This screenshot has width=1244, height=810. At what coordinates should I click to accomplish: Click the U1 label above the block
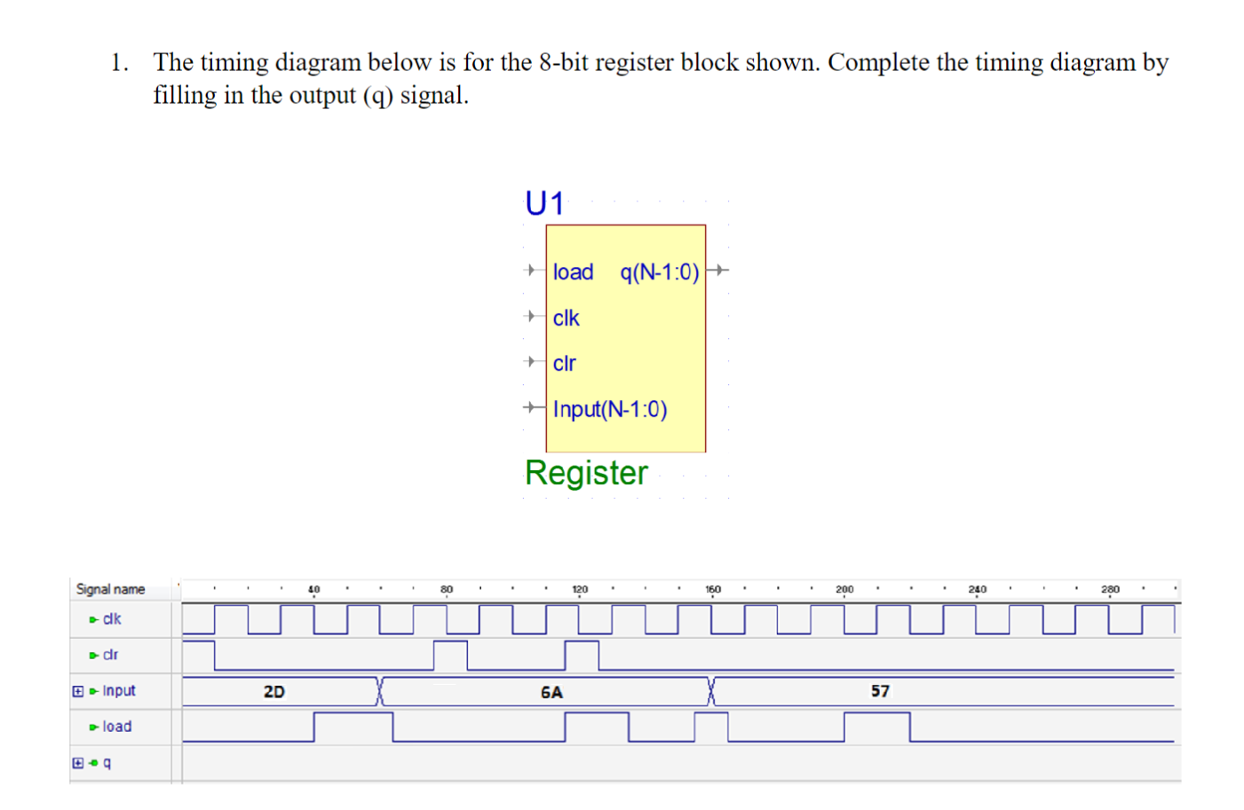pos(544,204)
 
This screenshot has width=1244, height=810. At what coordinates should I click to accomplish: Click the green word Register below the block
pos(586,473)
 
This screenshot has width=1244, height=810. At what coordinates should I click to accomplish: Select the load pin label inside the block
pos(573,272)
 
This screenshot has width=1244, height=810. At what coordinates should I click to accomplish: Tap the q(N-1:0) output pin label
pos(660,272)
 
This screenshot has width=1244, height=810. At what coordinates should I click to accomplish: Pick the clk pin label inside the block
pos(566,318)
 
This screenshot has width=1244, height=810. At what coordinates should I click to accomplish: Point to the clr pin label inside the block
pos(564,364)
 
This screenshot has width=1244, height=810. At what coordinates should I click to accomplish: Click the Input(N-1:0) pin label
pos(610,409)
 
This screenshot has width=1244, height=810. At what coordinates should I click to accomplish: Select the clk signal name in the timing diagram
pos(112,619)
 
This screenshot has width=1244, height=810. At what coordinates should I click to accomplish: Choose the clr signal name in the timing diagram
pos(110,655)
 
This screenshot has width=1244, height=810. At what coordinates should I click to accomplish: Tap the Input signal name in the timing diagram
pos(119,691)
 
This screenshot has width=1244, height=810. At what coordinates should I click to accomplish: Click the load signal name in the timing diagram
pos(117,727)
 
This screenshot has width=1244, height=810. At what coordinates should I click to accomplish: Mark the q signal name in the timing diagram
pos(107,763)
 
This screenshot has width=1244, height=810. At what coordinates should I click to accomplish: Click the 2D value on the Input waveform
pos(274,692)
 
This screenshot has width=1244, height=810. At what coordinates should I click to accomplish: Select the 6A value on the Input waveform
pos(551,692)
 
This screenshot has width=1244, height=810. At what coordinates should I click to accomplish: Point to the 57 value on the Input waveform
pos(880,691)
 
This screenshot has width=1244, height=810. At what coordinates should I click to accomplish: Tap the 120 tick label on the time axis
pos(580,589)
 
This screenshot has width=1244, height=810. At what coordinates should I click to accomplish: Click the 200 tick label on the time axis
pos(844,589)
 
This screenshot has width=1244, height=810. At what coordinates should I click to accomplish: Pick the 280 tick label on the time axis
pos(1110,589)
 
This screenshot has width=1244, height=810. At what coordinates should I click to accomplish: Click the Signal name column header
pos(110,589)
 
